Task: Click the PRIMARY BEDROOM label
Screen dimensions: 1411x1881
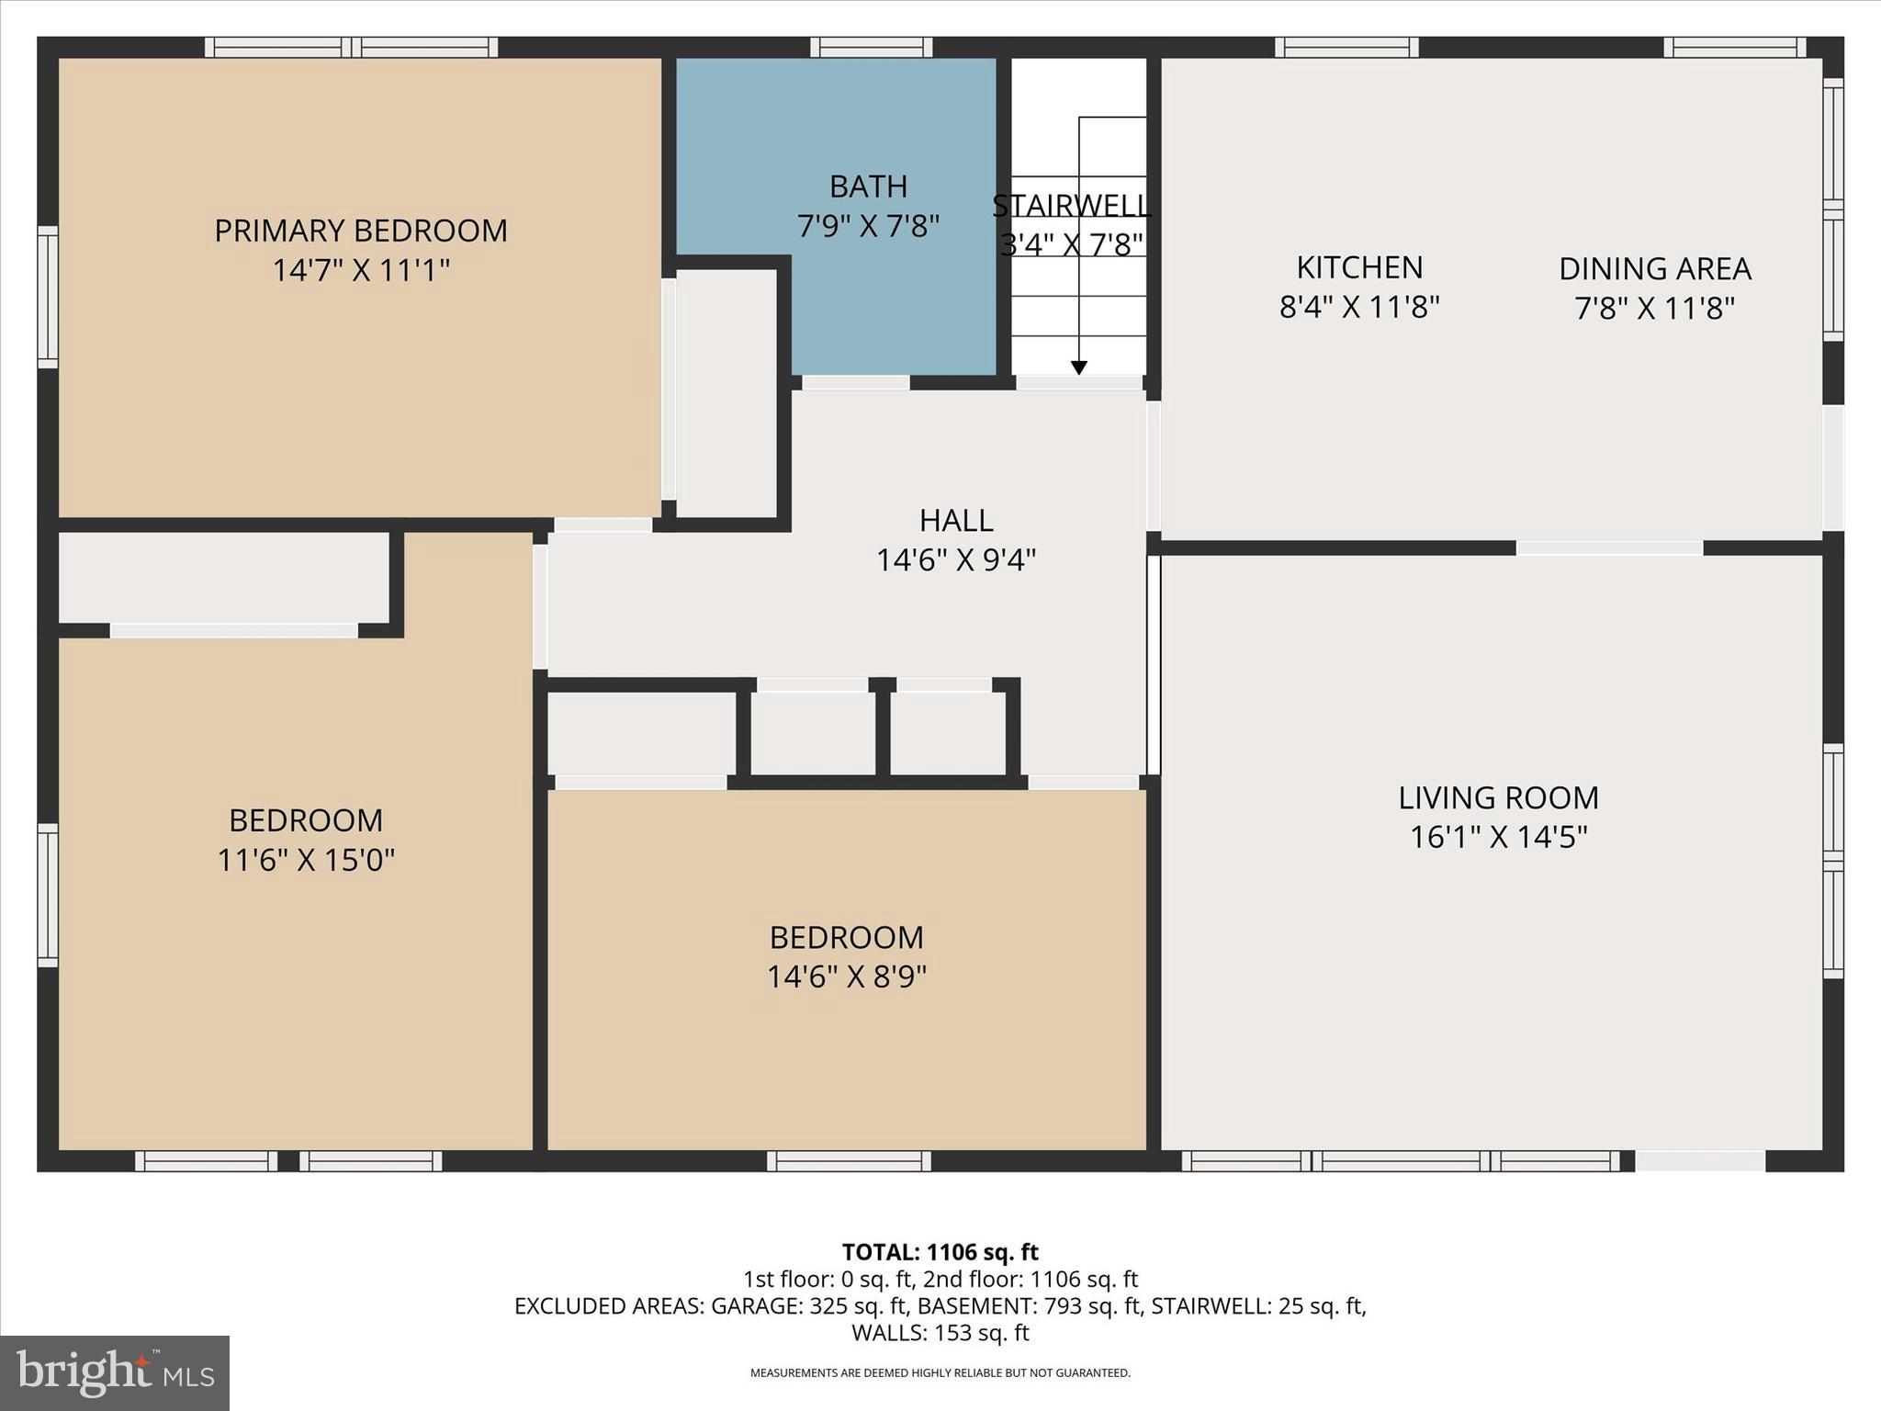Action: [x=361, y=231]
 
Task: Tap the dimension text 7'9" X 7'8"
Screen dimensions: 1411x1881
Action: [x=868, y=226]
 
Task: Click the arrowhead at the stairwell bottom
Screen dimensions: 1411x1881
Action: [x=1079, y=367]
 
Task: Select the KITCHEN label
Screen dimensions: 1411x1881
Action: [x=1359, y=267]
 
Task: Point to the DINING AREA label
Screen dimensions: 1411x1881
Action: [x=1654, y=269]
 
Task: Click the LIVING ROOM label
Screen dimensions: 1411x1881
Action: [x=1498, y=797]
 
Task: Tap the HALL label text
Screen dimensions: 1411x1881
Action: [x=956, y=521]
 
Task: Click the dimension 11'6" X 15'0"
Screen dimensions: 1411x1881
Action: [x=306, y=861]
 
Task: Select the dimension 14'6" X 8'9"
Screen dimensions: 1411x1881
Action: [x=847, y=976]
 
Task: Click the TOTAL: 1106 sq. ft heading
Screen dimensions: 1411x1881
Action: [x=940, y=1252]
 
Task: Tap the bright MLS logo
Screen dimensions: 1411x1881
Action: [x=115, y=1372]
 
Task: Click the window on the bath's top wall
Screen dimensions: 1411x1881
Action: [x=871, y=47]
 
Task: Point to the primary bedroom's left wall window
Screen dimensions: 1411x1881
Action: [x=47, y=297]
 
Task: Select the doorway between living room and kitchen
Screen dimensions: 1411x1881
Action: [x=1609, y=548]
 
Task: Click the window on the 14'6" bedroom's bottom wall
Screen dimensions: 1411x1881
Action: [x=849, y=1161]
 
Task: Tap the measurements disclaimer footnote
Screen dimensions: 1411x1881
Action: [x=940, y=1373]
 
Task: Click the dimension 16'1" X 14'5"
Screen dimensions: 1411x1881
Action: [x=1498, y=838]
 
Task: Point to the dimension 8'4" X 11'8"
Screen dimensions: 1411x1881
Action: [x=1359, y=308]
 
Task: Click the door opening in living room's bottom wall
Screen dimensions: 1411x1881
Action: [x=1699, y=1161]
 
